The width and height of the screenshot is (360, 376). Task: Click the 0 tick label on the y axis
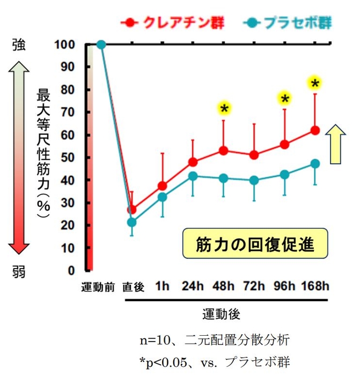pos(72,270)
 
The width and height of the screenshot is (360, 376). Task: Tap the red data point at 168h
pos(315,131)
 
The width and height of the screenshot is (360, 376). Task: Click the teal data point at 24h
pos(193,176)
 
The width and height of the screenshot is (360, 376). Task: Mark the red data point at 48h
pos(223,151)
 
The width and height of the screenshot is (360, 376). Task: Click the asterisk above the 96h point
pos(284,98)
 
